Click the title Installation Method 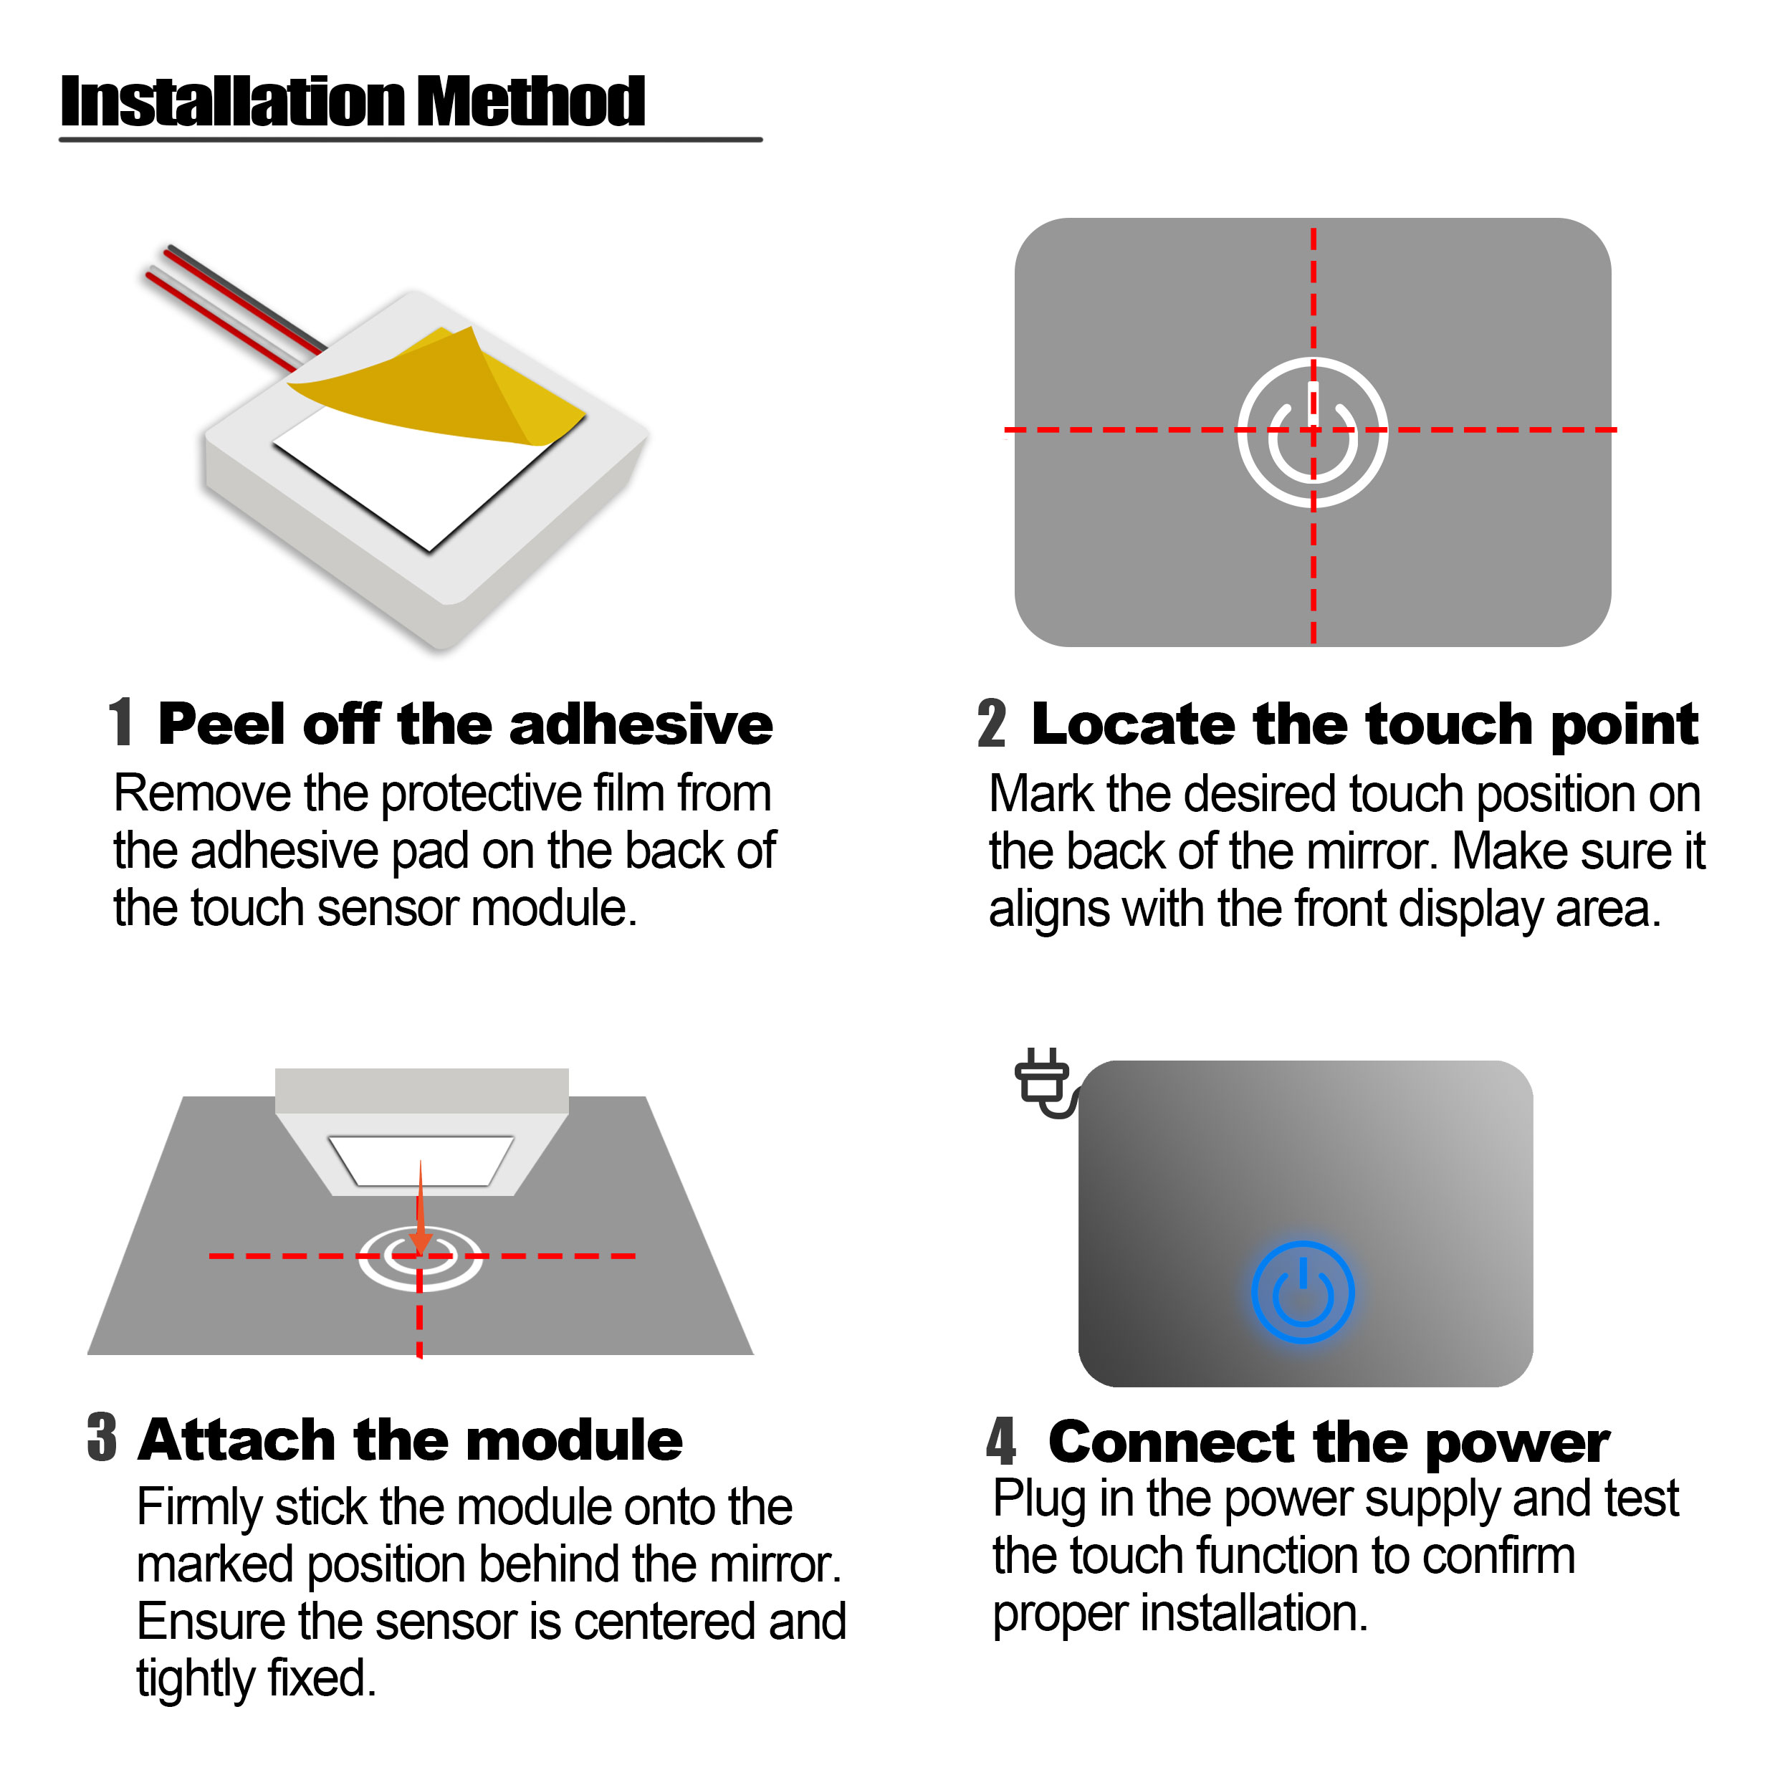[353, 101]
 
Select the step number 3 [102, 1437]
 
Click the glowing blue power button [1302, 1292]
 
